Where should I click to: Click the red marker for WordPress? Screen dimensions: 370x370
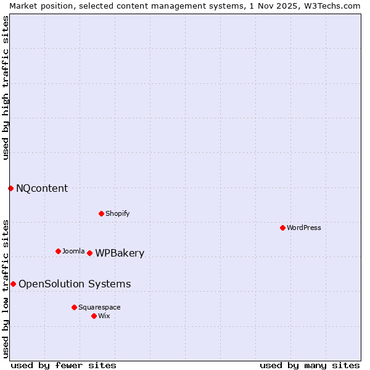[x=282, y=228]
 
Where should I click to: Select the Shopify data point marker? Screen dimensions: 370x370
[x=101, y=213]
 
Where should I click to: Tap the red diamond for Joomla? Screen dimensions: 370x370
[x=58, y=251]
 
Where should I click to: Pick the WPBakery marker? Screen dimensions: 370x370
[x=89, y=253]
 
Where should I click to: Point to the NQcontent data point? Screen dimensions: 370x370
[x=10, y=188]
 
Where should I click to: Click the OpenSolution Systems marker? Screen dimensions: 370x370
[x=13, y=284]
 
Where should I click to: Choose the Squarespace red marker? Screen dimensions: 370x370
[x=74, y=307]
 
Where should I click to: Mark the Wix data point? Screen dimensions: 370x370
[x=94, y=316]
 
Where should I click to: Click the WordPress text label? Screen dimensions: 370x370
[x=304, y=228]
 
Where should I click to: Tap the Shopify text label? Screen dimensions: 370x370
[x=118, y=213]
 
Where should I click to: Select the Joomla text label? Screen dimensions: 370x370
[x=73, y=251]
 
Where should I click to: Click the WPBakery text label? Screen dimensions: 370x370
[x=120, y=253]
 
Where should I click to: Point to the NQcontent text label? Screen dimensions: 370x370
[x=42, y=188]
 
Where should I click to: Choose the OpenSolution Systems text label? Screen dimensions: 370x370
[x=75, y=284]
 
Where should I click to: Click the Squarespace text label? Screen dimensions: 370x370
[x=99, y=307]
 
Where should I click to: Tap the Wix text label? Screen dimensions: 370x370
[x=104, y=316]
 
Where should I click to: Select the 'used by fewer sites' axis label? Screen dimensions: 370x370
[x=64, y=365]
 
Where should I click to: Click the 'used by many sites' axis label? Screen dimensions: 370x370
[x=310, y=365]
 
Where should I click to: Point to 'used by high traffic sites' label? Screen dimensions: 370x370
[x=6, y=88]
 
